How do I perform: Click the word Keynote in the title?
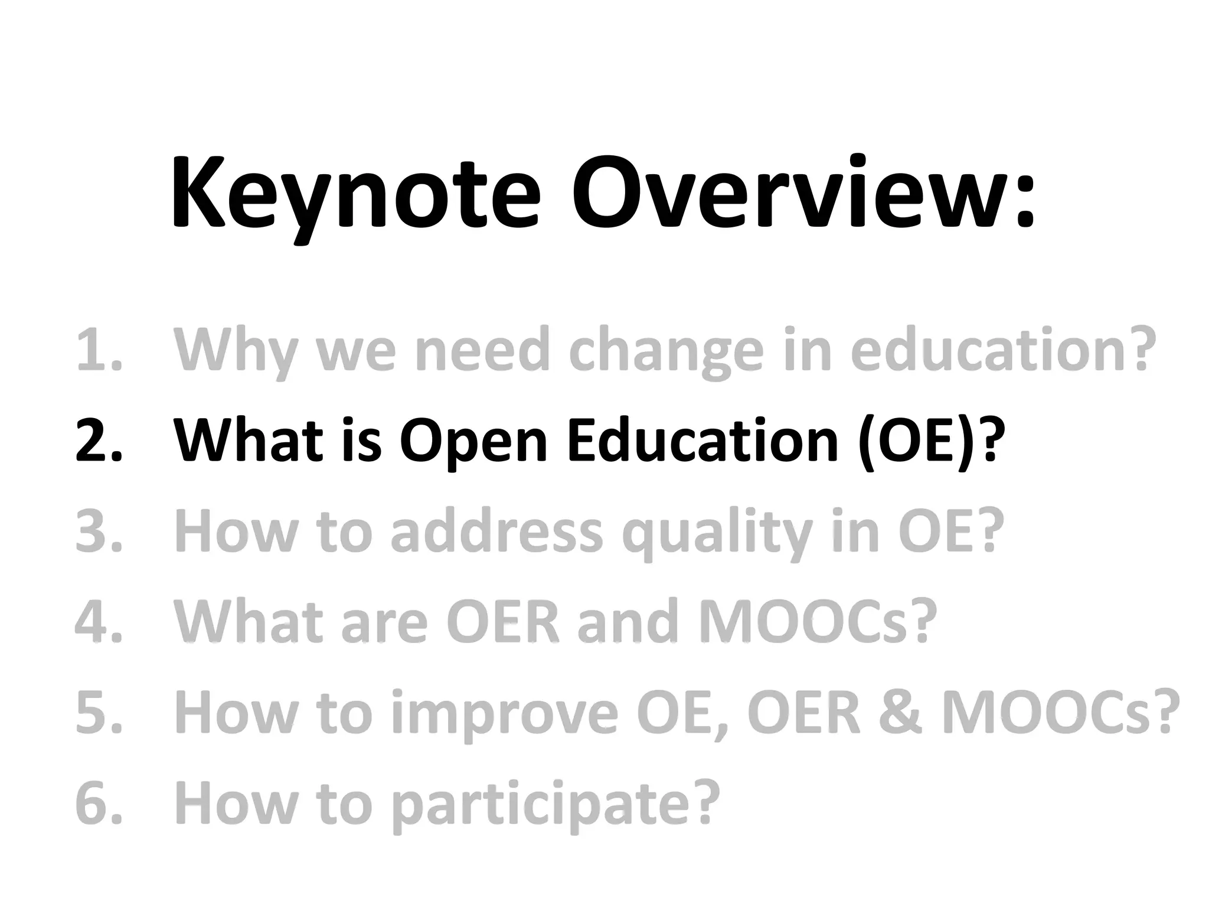[x=355, y=195]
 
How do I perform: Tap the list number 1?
[x=97, y=351]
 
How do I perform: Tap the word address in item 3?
[x=496, y=532]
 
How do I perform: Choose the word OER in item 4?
[x=502, y=622]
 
